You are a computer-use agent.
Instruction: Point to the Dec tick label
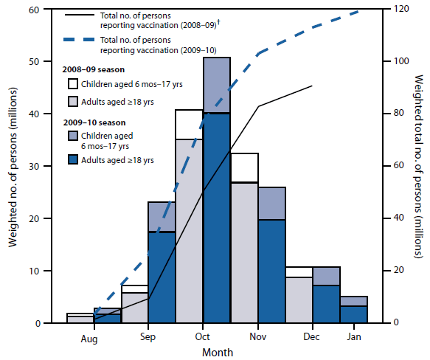tap(312, 337)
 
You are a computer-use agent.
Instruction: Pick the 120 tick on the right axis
tap(400, 9)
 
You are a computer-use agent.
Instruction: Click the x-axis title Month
tap(218, 353)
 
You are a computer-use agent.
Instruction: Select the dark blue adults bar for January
tap(353, 314)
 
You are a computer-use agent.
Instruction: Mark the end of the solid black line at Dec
tap(312, 86)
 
